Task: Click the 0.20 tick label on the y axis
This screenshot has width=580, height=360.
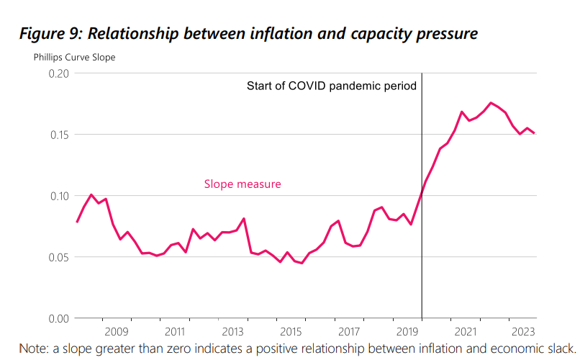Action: [58, 73]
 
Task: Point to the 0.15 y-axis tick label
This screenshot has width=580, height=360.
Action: [58, 135]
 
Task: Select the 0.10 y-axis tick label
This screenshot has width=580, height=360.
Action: [58, 196]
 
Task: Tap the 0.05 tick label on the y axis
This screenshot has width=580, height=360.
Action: [58, 257]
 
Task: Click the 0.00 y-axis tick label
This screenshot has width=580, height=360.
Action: [58, 318]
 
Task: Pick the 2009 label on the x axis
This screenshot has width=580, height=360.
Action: [117, 332]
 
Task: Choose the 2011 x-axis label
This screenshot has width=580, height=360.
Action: [175, 332]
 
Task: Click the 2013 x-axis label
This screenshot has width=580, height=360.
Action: [232, 332]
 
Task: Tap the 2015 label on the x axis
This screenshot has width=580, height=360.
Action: [291, 332]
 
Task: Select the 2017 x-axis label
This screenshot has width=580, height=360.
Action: [349, 332]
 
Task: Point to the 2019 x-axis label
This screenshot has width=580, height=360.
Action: [407, 332]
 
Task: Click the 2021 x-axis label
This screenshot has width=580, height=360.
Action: [465, 332]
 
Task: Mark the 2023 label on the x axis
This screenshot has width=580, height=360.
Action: [522, 332]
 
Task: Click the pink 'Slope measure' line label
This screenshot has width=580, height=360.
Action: [243, 184]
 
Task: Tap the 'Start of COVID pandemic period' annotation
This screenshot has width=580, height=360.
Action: [332, 86]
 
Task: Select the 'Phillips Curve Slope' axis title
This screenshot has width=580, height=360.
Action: [74, 57]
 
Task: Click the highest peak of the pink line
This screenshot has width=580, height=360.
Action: [491, 103]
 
